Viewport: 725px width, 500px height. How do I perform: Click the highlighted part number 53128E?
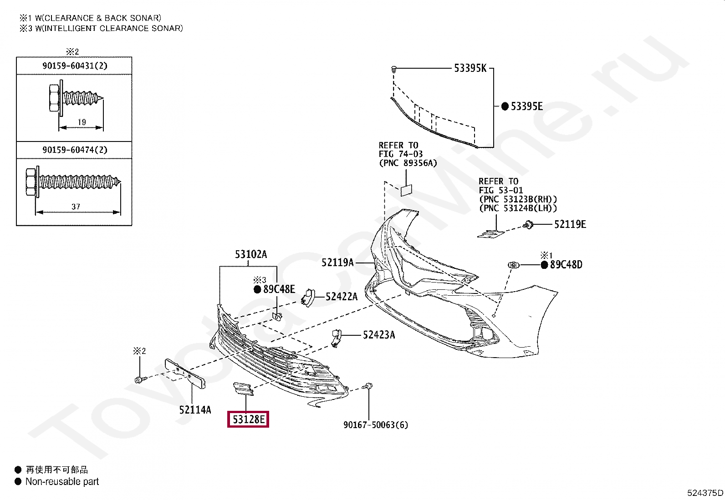(x=248, y=419)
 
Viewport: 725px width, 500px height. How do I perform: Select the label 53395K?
(x=470, y=68)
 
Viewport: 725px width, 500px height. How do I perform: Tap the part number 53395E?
(x=526, y=106)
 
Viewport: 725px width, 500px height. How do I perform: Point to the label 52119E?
(x=570, y=224)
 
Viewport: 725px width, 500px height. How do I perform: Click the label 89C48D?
(x=566, y=265)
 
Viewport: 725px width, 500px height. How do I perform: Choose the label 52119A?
(x=337, y=263)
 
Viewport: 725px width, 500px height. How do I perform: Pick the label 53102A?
(x=250, y=254)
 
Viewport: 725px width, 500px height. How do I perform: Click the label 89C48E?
(x=279, y=289)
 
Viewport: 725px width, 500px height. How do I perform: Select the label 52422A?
(x=342, y=297)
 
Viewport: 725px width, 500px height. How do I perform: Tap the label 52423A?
(x=378, y=335)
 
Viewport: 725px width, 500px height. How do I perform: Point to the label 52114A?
(x=195, y=410)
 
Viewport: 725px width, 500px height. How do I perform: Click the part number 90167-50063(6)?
(x=376, y=425)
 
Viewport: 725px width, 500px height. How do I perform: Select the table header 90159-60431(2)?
(x=75, y=66)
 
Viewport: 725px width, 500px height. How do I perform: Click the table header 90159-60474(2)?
(x=75, y=150)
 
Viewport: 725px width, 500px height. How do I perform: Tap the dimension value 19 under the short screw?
(x=82, y=122)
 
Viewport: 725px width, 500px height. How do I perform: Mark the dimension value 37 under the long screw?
(x=76, y=207)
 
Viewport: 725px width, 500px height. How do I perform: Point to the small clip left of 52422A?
(x=308, y=297)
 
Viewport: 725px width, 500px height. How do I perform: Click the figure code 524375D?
(x=705, y=493)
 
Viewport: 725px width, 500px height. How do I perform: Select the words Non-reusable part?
(x=62, y=481)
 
